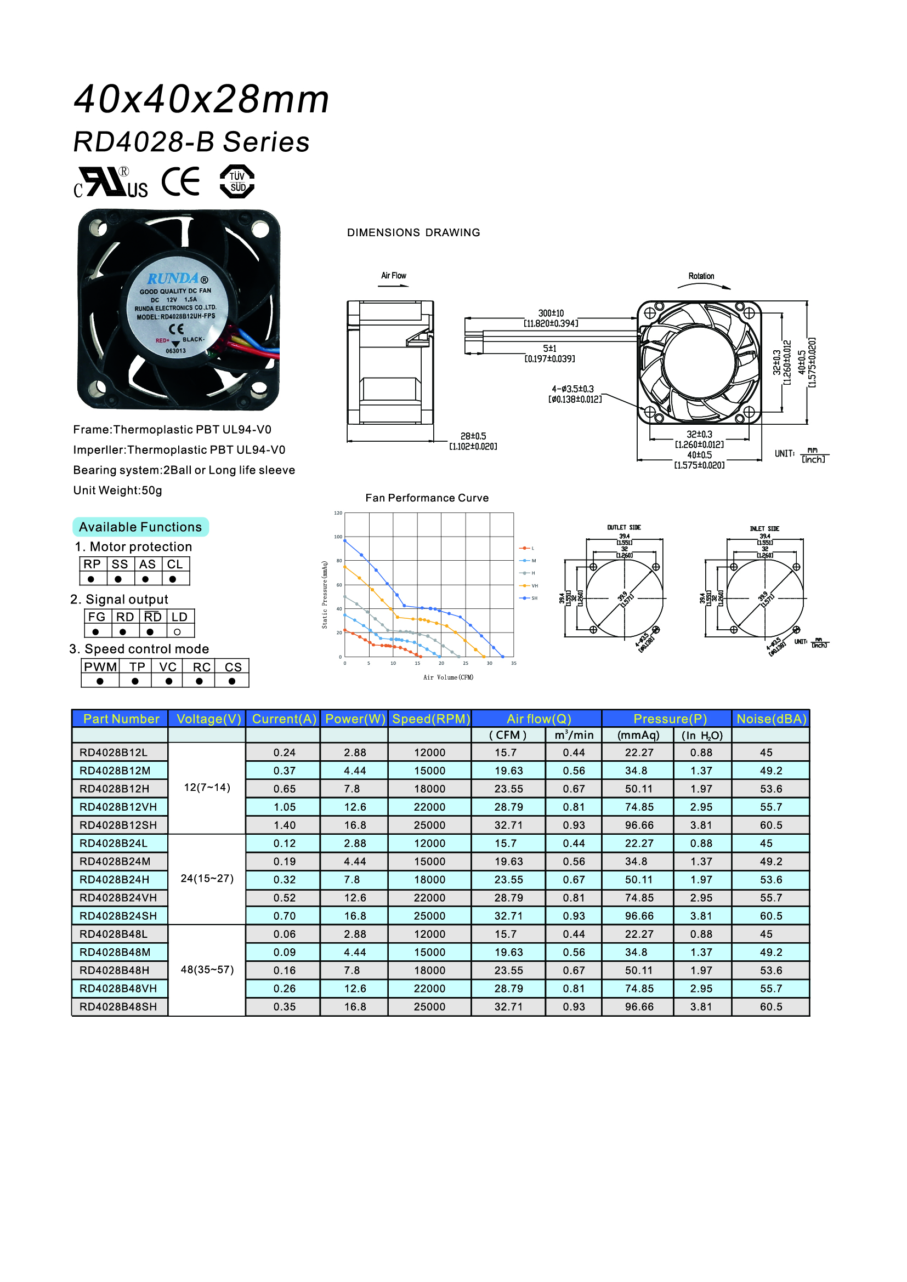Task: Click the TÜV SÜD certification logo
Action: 237,181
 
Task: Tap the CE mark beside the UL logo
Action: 180,181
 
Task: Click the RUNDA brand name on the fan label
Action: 173,278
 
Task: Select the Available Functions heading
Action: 140,527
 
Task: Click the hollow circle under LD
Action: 178,632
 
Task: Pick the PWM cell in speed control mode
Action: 100,666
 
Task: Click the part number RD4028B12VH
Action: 118,807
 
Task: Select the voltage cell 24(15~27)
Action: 207,878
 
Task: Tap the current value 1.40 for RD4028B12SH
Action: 284,825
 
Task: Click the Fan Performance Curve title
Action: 427,498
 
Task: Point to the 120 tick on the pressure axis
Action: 338,513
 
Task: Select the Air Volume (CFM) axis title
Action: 448,677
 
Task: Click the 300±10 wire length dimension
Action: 551,314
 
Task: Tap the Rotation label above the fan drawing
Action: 701,276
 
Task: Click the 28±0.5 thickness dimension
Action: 473,436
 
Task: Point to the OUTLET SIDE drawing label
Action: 624,527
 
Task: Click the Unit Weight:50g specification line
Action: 118,490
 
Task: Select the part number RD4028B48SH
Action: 118,1007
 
